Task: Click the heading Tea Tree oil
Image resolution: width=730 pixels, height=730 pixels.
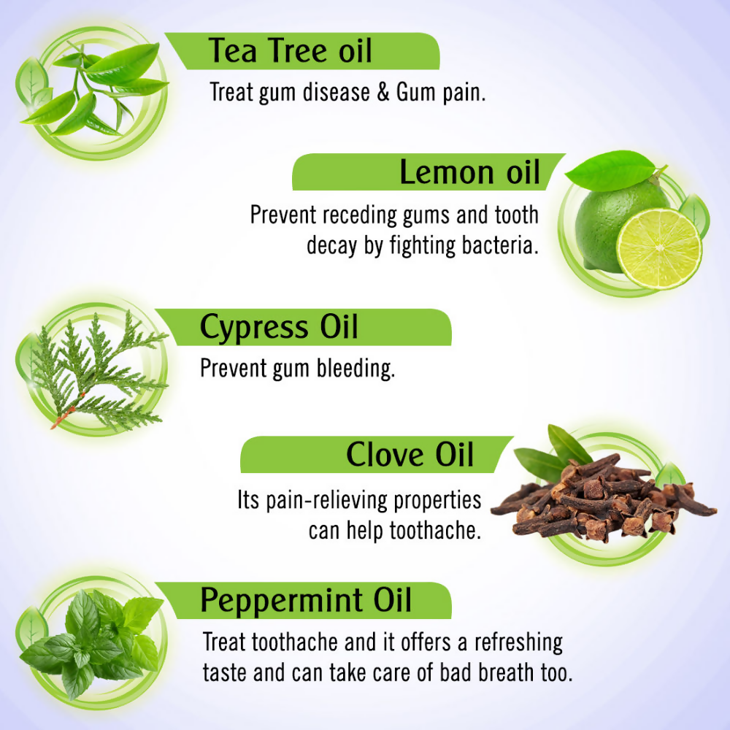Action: (x=290, y=50)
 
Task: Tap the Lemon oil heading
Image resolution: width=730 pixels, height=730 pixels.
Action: (x=469, y=172)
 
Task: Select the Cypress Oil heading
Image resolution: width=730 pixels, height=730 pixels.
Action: (x=279, y=327)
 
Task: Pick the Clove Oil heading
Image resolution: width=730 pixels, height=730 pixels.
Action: (x=410, y=454)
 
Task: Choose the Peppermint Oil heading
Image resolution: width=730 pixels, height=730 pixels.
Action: (x=306, y=601)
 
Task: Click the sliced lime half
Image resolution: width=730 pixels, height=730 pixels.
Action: (x=659, y=249)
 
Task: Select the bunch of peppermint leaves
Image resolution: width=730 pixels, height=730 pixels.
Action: (x=91, y=642)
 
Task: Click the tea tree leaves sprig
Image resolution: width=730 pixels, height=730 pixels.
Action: (x=94, y=88)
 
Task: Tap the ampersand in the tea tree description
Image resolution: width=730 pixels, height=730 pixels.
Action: (x=383, y=92)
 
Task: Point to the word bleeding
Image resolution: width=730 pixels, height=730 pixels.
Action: (x=356, y=369)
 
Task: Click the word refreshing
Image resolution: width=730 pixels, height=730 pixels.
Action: (x=518, y=643)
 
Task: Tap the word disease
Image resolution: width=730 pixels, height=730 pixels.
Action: (x=336, y=92)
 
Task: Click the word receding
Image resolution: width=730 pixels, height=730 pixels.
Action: (x=359, y=215)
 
